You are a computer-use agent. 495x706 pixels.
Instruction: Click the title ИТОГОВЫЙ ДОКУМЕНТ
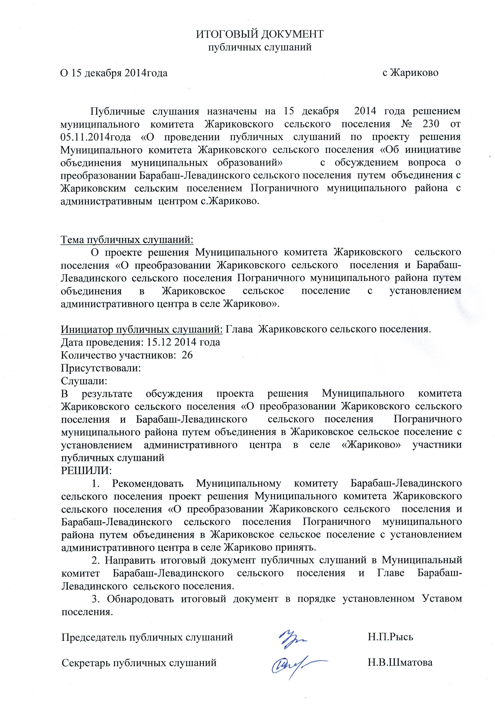[x=260, y=34]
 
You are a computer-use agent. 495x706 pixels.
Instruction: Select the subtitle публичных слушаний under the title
[x=260, y=47]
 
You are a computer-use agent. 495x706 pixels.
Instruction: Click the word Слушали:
[x=84, y=381]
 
